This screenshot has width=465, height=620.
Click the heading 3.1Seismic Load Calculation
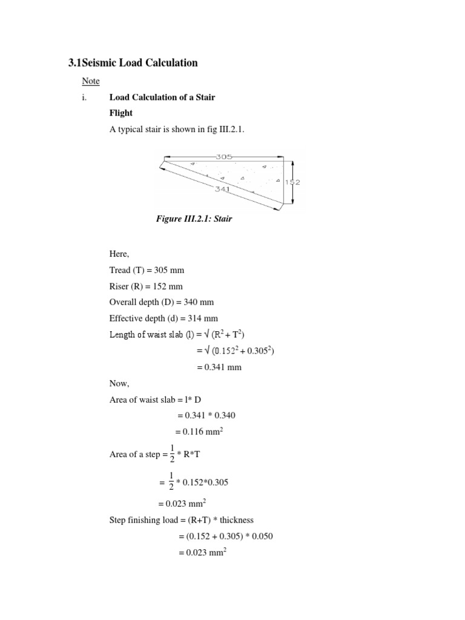(x=133, y=63)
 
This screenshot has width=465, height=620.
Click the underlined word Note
(x=91, y=81)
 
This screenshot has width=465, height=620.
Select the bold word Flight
(x=120, y=113)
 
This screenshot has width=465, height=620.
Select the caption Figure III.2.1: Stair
(x=194, y=219)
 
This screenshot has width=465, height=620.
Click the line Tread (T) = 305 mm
(x=146, y=270)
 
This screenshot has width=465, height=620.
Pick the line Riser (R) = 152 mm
(x=145, y=286)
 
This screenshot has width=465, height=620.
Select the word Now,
(x=119, y=383)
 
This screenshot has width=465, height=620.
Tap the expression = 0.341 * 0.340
(x=205, y=415)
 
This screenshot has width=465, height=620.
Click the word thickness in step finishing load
(x=234, y=520)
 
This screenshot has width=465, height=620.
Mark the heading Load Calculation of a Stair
(x=162, y=97)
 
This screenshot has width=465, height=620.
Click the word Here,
(x=120, y=254)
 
